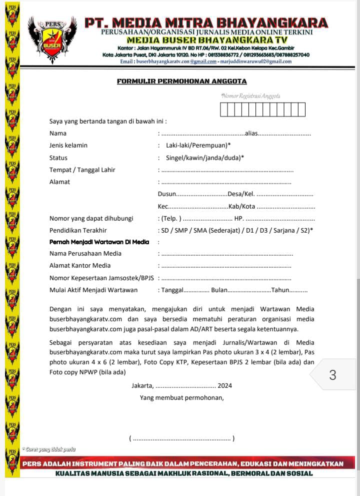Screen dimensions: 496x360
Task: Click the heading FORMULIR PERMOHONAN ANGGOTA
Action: [x=182, y=81]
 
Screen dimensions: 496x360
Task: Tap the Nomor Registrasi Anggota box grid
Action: [x=262, y=109]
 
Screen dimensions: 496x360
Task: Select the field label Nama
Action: [x=58, y=134]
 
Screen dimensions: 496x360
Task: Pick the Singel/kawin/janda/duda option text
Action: [x=205, y=158]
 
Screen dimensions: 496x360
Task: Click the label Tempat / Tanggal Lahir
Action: [x=82, y=170]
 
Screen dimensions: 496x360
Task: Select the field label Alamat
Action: [x=60, y=182]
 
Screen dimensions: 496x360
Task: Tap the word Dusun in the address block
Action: [x=167, y=194]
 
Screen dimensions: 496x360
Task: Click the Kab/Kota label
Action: [x=242, y=206]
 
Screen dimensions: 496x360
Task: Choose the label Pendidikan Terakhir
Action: [x=78, y=230]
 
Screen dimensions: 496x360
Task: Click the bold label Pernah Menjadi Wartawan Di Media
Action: [x=99, y=242]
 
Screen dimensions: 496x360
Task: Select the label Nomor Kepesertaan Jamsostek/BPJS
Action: [x=102, y=278]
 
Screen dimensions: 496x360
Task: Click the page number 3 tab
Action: [x=333, y=375]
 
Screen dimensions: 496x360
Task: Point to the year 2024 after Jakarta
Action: [x=225, y=386]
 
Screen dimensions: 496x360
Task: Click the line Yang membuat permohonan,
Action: [x=182, y=398]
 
